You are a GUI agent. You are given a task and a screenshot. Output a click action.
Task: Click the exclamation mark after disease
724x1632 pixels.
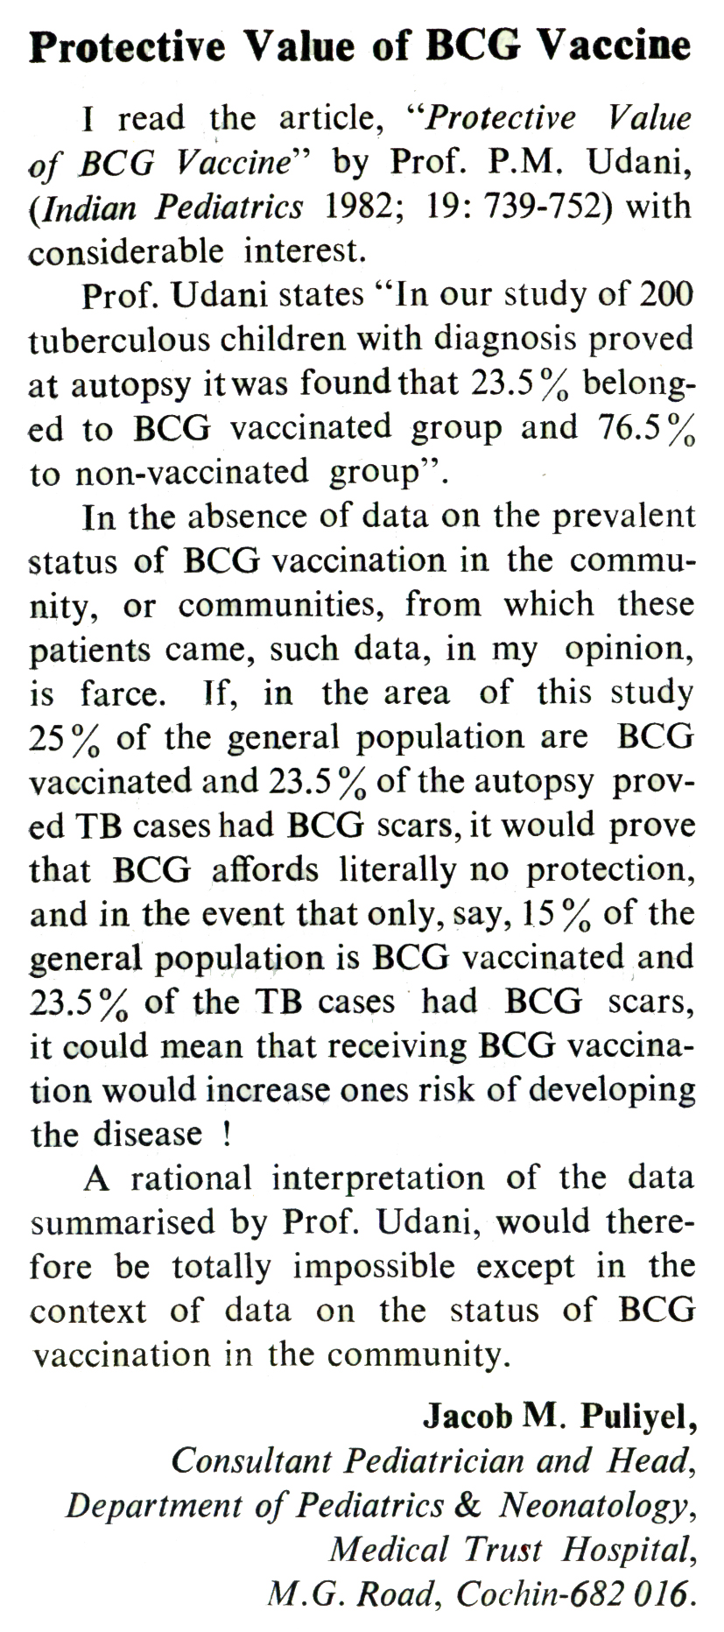(228, 1136)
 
